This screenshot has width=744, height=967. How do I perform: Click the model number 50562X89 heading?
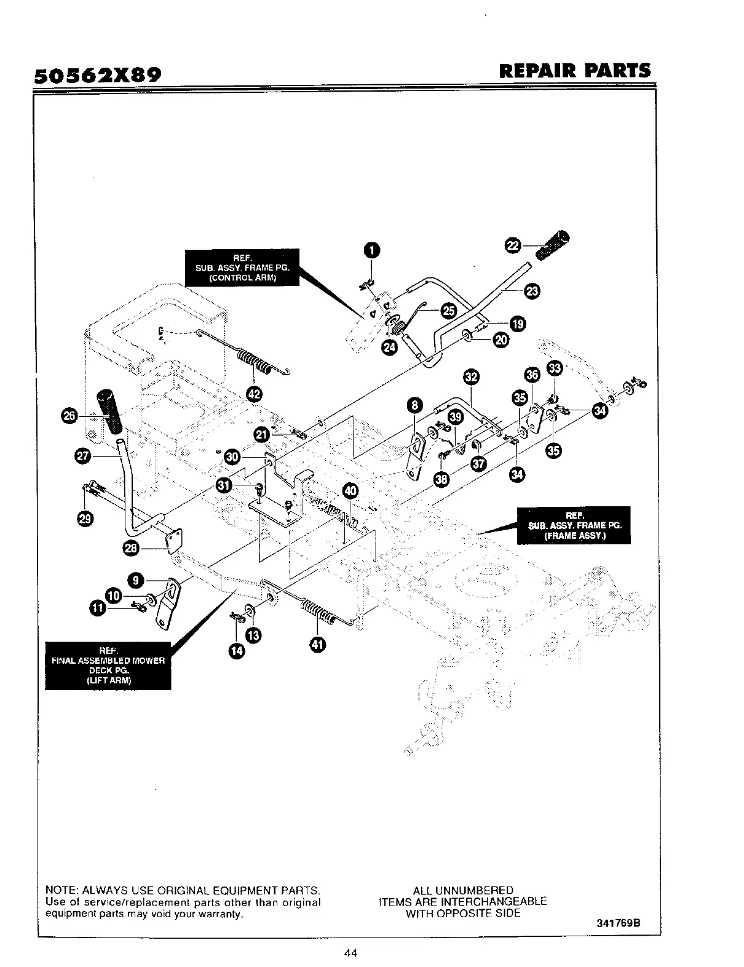(97, 75)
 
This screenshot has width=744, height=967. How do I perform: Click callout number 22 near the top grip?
(512, 245)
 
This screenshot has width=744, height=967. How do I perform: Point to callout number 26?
(69, 416)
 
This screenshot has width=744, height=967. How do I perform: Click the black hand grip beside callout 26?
(109, 411)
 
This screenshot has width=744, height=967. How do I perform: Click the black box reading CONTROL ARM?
(242, 267)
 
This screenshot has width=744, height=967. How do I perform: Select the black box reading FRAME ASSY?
(574, 525)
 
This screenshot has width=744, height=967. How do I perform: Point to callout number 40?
(350, 490)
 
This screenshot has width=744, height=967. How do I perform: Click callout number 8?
(416, 404)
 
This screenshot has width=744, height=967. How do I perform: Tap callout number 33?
(555, 368)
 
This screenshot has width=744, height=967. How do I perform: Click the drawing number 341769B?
(619, 923)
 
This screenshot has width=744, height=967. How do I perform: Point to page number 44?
(351, 953)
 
